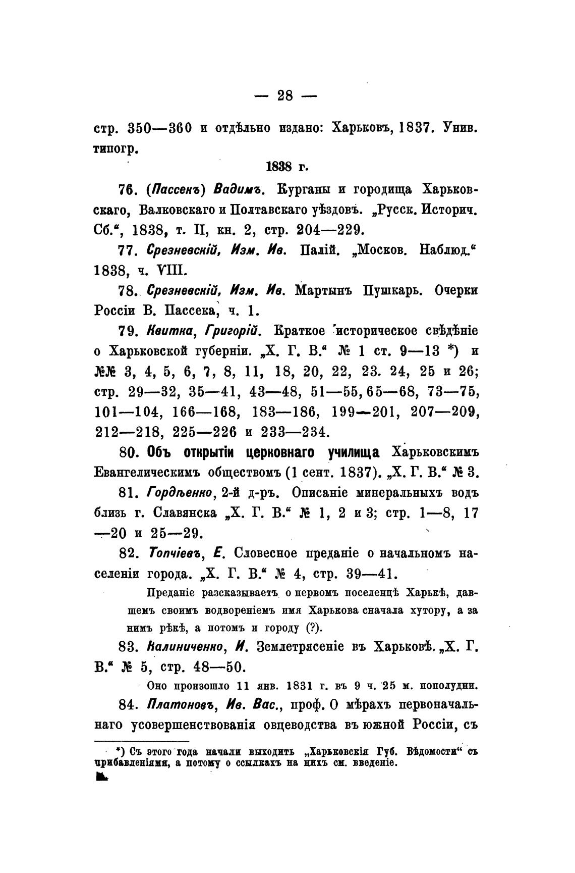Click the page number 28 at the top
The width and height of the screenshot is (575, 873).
click(285, 95)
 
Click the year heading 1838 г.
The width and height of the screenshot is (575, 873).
click(286, 167)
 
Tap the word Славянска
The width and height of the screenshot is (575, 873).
click(185, 513)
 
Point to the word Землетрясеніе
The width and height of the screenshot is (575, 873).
click(308, 647)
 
